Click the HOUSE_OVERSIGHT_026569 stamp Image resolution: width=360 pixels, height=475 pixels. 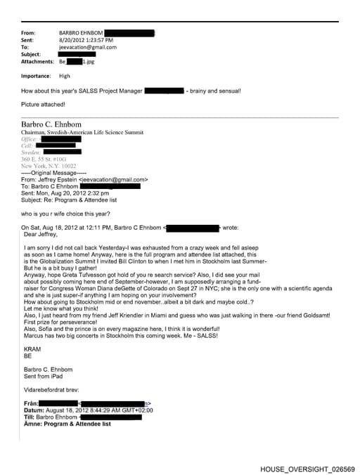pos(307,469)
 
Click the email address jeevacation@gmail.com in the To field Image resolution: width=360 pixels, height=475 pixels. pos(88,47)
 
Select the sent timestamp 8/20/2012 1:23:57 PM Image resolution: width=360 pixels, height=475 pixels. pos(86,40)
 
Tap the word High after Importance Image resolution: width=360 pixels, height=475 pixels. pos(65,76)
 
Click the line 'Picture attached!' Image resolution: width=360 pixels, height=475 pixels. pos(43,105)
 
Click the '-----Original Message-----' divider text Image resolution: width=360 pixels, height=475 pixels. pos(53,173)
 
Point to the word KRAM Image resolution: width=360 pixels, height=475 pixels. pos(32,349)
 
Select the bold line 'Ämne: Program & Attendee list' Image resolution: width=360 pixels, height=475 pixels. pos(67,424)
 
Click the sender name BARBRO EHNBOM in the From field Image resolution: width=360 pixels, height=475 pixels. pos(82,33)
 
